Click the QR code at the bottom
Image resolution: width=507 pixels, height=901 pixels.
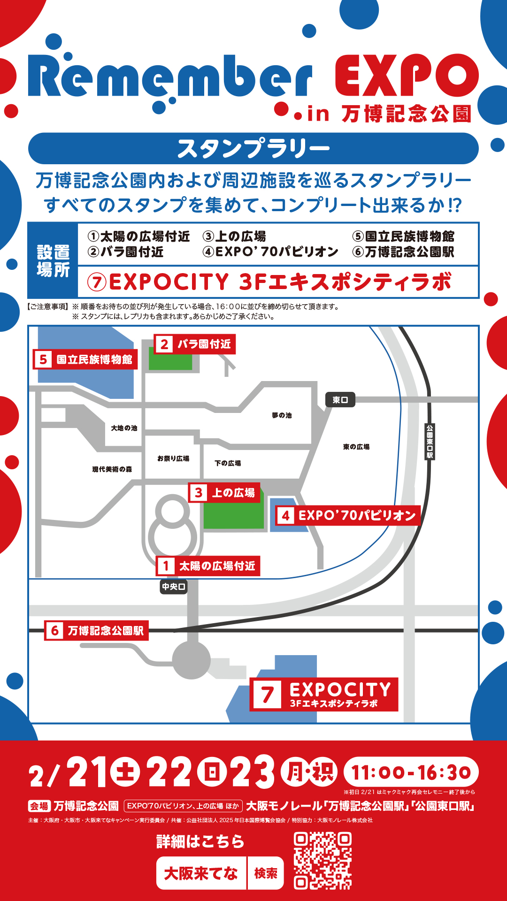point(323,861)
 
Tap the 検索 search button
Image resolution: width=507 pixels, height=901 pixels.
point(266,873)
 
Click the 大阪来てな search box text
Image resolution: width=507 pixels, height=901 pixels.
point(201,873)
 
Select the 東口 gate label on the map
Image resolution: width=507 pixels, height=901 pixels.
point(340,400)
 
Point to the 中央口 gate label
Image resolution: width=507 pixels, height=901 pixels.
point(174,587)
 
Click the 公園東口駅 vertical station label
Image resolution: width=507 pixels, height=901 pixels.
point(430,442)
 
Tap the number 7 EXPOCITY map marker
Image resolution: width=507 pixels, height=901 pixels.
point(268,695)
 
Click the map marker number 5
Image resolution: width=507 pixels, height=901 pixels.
point(43,359)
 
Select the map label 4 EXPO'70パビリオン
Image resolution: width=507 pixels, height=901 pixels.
point(347,515)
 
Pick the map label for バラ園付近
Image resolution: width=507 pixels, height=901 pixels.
point(194,344)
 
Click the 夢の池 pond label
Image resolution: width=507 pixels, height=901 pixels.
point(282,415)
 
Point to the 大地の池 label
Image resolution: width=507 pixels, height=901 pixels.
point(124,428)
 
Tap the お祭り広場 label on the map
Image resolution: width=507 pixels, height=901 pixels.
point(173,458)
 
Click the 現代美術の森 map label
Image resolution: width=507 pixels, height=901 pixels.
point(112,469)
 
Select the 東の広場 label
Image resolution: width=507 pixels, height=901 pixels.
point(356,447)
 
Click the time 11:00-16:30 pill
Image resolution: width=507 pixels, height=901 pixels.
point(411,772)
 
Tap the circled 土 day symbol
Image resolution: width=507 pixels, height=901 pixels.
point(125,772)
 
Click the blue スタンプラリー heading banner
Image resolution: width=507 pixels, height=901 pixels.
point(253,148)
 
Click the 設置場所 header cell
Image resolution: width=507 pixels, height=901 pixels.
point(53,260)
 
